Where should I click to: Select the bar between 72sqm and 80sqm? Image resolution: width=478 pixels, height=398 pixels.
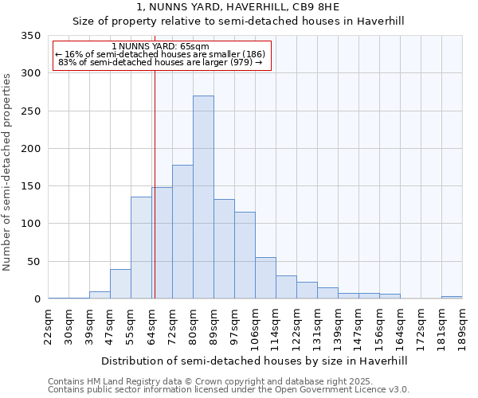pyautogui.click(x=182, y=232)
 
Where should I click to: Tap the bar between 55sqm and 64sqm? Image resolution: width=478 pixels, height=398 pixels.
pyautogui.click(x=141, y=248)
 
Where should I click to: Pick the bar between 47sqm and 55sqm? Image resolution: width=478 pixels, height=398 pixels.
pyautogui.click(x=120, y=284)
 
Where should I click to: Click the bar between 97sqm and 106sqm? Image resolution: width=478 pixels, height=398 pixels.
pyautogui.click(x=245, y=256)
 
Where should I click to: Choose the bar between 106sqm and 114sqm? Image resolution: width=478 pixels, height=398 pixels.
pyautogui.click(x=265, y=278)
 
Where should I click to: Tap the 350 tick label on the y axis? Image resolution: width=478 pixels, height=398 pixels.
pyautogui.click(x=31, y=37)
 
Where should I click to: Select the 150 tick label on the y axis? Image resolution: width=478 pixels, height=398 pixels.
pyautogui.click(x=31, y=186)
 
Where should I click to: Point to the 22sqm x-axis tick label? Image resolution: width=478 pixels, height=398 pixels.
pyautogui.click(x=49, y=325)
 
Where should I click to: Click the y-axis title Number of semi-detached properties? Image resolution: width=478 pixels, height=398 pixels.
pyautogui.click(x=8, y=172)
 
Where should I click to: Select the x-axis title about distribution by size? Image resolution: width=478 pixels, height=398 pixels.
pyautogui.click(x=255, y=361)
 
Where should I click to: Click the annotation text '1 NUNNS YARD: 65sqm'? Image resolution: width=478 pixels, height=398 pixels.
pyautogui.click(x=161, y=47)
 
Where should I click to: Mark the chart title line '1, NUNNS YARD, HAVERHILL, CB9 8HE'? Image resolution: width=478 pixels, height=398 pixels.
pyautogui.click(x=240, y=7)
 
